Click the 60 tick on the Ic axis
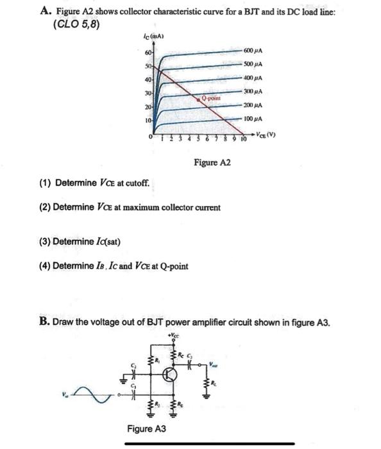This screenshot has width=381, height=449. (x=148, y=51)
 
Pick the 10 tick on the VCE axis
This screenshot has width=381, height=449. (x=244, y=139)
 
